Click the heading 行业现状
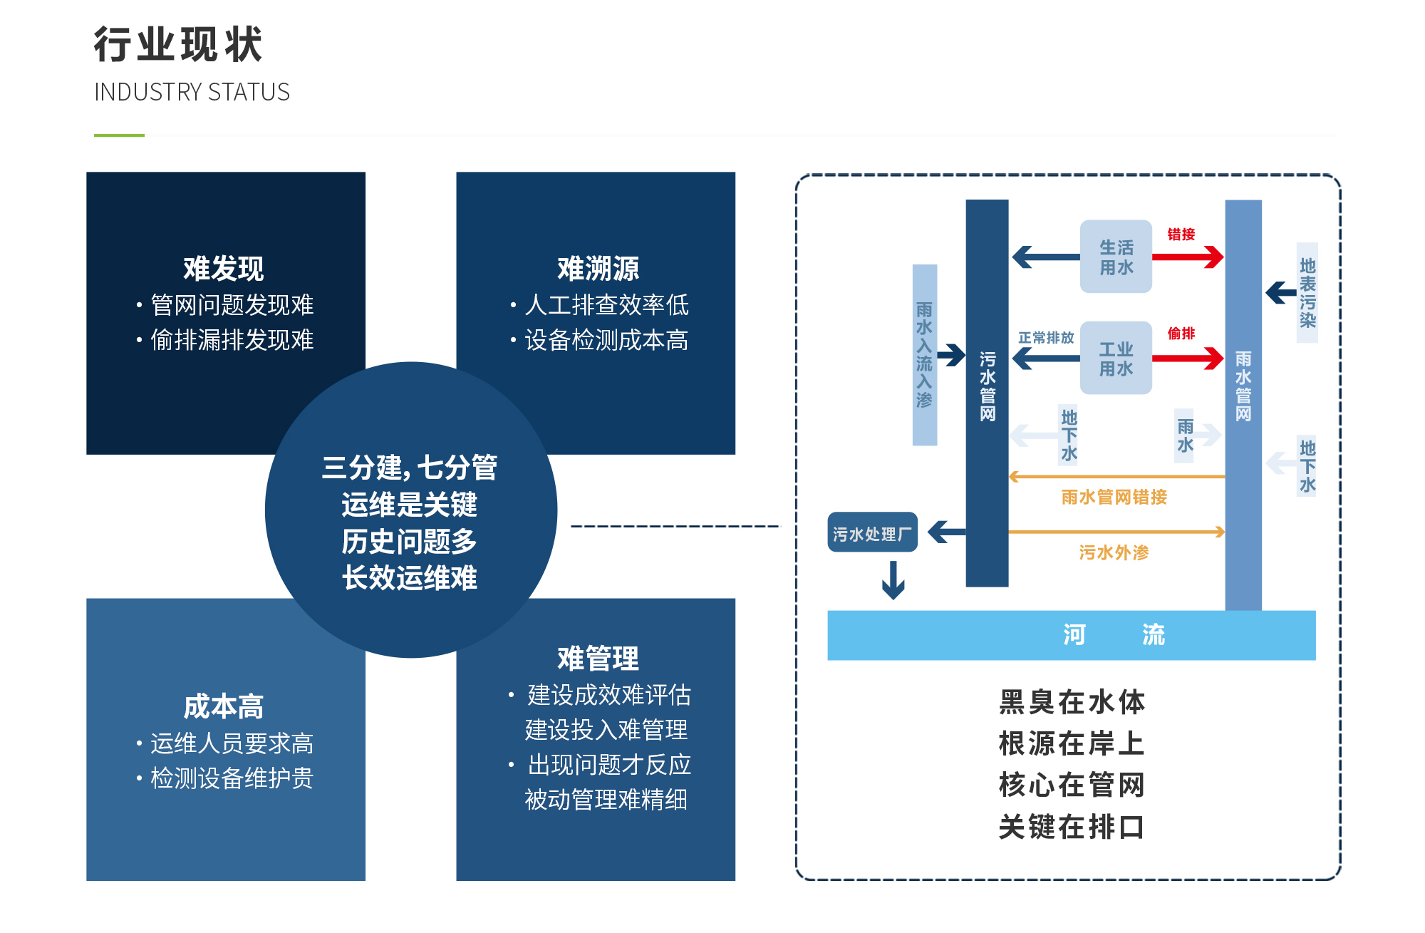(x=178, y=44)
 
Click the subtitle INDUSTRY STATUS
(x=192, y=92)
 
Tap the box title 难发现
(x=224, y=269)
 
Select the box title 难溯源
(x=598, y=269)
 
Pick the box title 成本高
(x=224, y=706)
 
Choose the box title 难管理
(x=598, y=658)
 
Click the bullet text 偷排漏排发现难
(x=232, y=340)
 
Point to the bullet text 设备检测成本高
(x=606, y=340)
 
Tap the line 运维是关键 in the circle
(x=409, y=505)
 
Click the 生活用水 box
(x=1116, y=257)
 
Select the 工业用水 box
(x=1116, y=358)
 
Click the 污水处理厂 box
(x=872, y=532)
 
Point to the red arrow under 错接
(x=1187, y=257)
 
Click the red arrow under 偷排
(x=1187, y=358)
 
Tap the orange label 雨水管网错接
(x=1114, y=497)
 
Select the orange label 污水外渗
(x=1114, y=552)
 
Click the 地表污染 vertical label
(x=1307, y=293)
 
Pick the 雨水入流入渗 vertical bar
(x=925, y=355)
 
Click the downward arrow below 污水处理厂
(x=893, y=580)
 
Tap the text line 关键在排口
(x=1071, y=827)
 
